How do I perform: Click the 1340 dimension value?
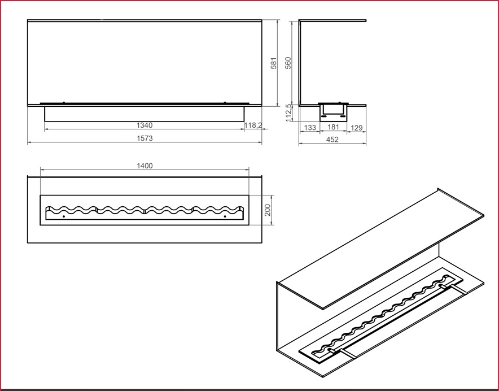click(145, 125)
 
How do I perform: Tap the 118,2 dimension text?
click(253, 125)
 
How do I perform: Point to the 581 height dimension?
click(274, 63)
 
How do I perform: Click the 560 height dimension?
click(288, 63)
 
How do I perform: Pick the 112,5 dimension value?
click(289, 112)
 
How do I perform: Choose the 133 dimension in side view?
click(309, 128)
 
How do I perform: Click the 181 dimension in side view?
click(333, 128)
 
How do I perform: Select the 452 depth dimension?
click(332, 140)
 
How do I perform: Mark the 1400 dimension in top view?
click(145, 166)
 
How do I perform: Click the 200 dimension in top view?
click(268, 210)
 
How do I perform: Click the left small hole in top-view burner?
click(64, 216)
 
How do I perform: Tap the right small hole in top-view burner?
click(225, 216)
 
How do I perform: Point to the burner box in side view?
click(332, 111)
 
